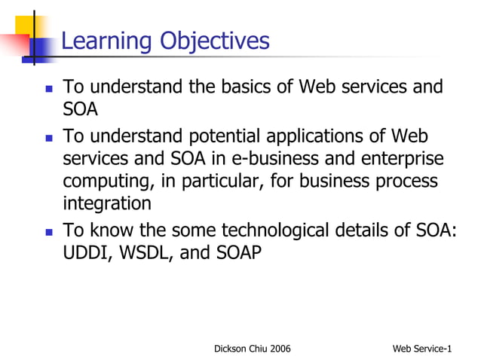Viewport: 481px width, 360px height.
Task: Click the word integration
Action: click(106, 203)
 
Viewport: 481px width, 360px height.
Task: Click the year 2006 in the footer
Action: click(278, 348)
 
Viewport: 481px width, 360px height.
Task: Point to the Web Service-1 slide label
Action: click(422, 348)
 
